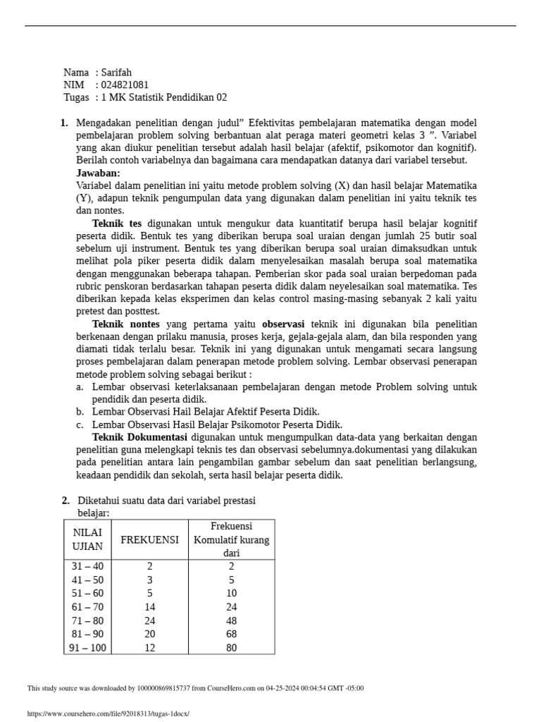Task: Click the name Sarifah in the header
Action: (x=116, y=73)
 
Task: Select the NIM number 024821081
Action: (x=125, y=85)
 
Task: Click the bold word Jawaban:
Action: (x=98, y=173)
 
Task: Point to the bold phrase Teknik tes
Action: (x=117, y=223)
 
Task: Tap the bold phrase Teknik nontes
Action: (x=126, y=324)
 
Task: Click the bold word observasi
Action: (x=288, y=324)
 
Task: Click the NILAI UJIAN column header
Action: (x=87, y=539)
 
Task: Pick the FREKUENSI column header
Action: (x=150, y=539)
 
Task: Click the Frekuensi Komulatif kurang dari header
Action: (x=231, y=539)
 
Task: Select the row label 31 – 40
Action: (x=87, y=566)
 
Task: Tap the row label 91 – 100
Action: (x=87, y=648)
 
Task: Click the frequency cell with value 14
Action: (x=149, y=607)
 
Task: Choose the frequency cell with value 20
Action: (x=149, y=634)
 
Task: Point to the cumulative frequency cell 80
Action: (x=231, y=648)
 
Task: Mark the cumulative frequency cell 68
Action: (x=231, y=634)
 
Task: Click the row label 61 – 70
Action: (x=87, y=607)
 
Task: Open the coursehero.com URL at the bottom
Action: (x=108, y=714)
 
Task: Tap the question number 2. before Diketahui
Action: (x=66, y=501)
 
